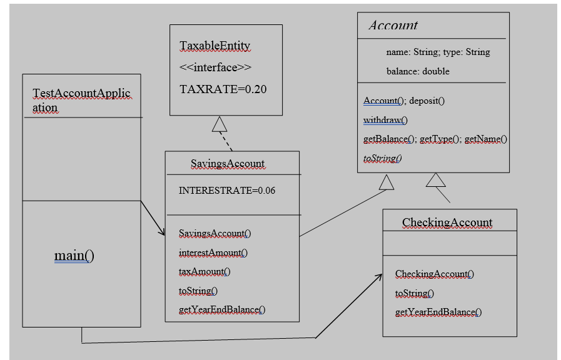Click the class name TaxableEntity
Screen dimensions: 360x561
[x=215, y=46]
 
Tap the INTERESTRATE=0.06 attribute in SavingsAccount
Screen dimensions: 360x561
[x=227, y=190]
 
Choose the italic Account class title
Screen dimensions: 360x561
[x=393, y=26]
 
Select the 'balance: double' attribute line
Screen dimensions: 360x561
[x=418, y=71]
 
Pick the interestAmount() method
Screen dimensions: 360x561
[x=213, y=252]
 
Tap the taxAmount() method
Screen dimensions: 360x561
[x=205, y=271]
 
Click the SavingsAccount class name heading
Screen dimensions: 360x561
[x=227, y=164]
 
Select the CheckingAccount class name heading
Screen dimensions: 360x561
[x=447, y=222]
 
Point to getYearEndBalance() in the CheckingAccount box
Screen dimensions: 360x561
[x=438, y=312]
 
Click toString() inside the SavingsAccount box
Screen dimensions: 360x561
[x=198, y=291]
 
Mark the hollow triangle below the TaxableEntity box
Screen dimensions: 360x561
[x=219, y=124]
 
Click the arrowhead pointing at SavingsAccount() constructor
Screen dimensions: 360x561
[x=161, y=232]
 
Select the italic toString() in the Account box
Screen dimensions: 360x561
[x=382, y=158]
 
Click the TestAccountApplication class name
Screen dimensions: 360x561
[x=81, y=100]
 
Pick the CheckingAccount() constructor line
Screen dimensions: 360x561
[x=434, y=274]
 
